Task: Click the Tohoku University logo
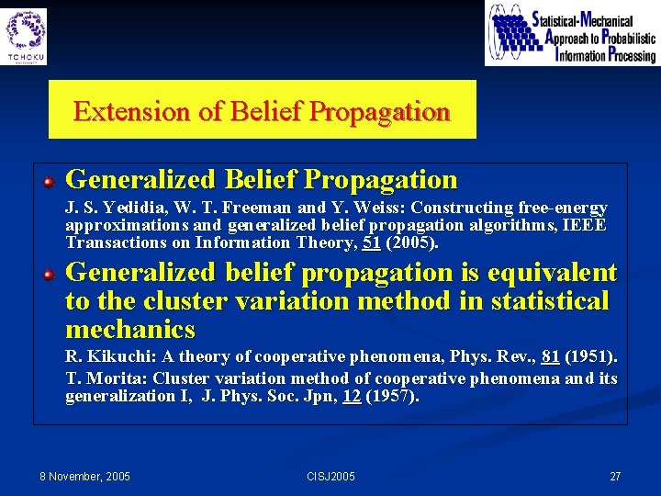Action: [x=26, y=35]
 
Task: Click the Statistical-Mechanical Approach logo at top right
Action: [x=571, y=34]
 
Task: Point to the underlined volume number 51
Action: [x=371, y=243]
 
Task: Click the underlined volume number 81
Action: [x=551, y=356]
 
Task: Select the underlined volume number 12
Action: [x=352, y=397]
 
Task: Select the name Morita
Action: [x=117, y=378]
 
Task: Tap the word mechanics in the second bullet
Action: [x=130, y=330]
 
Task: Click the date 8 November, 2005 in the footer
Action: [x=84, y=476]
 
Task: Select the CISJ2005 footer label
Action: [x=330, y=476]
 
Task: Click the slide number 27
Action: [x=615, y=476]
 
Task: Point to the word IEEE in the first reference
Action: [x=588, y=226]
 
